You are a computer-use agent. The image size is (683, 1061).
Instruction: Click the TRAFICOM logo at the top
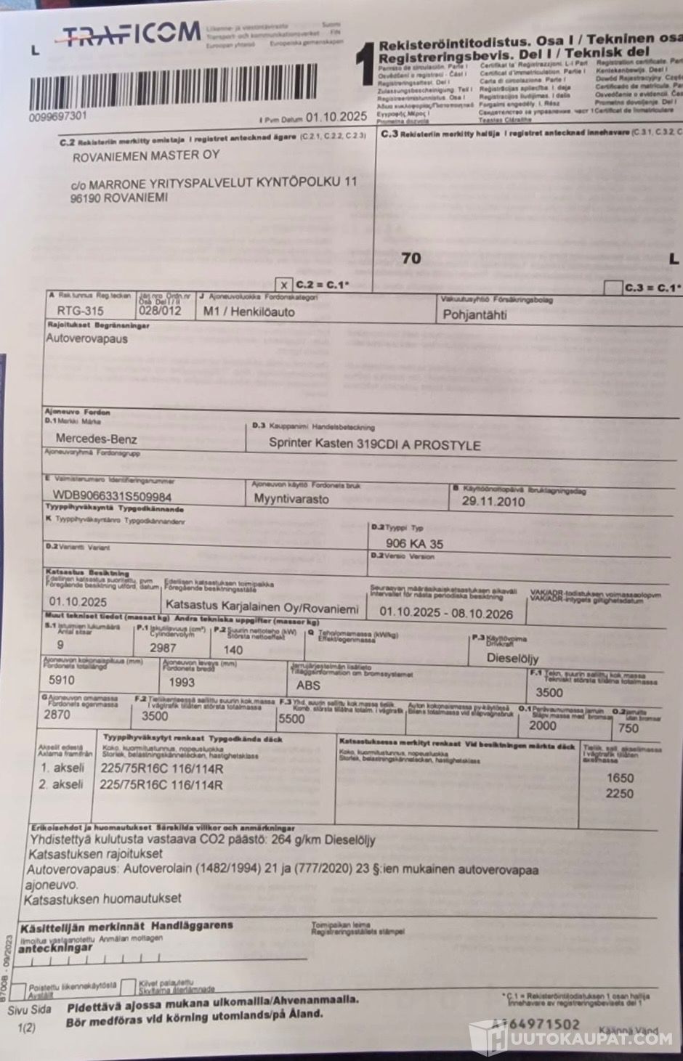pyautogui.click(x=131, y=34)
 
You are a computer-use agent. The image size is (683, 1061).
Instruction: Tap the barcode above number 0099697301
pyautogui.click(x=173, y=85)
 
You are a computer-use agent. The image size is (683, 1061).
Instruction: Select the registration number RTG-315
pyautogui.click(x=80, y=311)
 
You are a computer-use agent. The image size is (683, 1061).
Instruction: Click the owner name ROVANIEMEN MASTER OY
pyautogui.click(x=145, y=155)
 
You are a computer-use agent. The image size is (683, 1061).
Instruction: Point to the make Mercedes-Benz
pyautogui.click(x=96, y=439)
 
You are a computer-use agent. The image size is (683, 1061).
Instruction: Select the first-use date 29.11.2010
pyautogui.click(x=493, y=501)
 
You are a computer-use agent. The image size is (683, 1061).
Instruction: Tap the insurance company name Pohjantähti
pyautogui.click(x=475, y=315)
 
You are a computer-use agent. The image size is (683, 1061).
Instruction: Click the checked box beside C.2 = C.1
pyautogui.click(x=284, y=284)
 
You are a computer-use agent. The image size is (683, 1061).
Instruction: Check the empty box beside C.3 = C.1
pyautogui.click(x=613, y=288)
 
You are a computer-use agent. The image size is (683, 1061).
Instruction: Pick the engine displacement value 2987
pyautogui.click(x=163, y=648)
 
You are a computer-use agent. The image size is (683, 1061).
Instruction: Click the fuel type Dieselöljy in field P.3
pyautogui.click(x=513, y=659)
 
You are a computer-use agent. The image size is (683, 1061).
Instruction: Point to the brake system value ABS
pyautogui.click(x=308, y=684)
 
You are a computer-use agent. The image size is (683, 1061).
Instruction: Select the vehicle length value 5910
pyautogui.click(x=61, y=680)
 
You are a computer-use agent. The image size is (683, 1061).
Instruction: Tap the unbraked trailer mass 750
pyautogui.click(x=629, y=728)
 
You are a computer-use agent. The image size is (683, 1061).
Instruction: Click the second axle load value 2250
pyautogui.click(x=620, y=794)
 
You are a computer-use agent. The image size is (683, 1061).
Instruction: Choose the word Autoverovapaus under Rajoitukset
pyautogui.click(x=86, y=338)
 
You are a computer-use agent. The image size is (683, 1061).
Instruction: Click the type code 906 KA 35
pyautogui.click(x=416, y=543)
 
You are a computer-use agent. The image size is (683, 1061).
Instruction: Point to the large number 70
pyautogui.click(x=411, y=258)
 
